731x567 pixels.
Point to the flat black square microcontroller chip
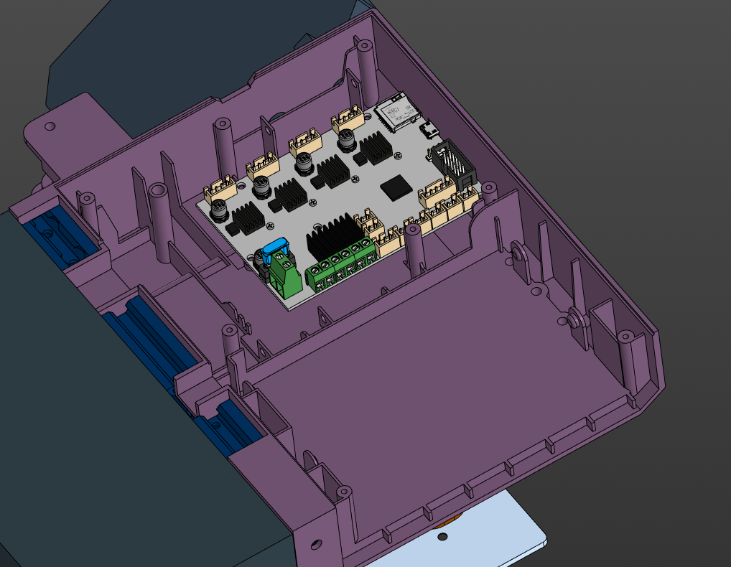tap(396, 187)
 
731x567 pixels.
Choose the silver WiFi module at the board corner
tap(396, 112)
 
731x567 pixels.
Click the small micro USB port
tap(431, 130)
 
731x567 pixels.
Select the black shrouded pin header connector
tap(453, 164)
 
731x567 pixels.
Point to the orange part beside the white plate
tap(441, 535)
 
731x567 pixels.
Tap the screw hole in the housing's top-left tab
tap(50, 126)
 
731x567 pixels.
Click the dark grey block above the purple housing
tap(180, 50)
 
